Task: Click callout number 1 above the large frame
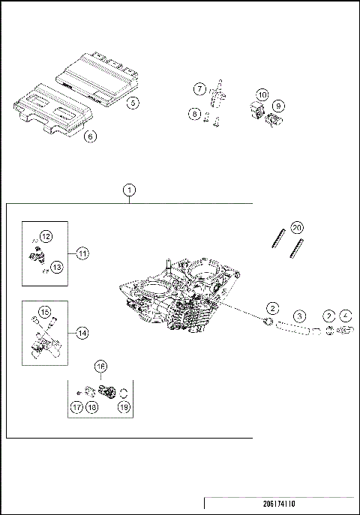[x=130, y=190]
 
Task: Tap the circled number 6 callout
[x=89, y=137]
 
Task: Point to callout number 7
[x=199, y=89]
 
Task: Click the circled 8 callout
[x=194, y=114]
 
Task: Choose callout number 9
[x=278, y=106]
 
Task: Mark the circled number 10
[x=262, y=95]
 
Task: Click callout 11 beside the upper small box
[x=82, y=253]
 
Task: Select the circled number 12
[x=46, y=236]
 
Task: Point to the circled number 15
[x=44, y=311]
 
